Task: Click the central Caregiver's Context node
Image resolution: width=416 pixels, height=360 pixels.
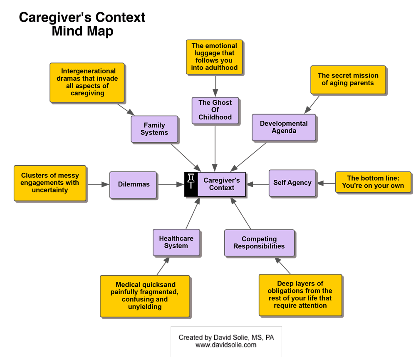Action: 221,184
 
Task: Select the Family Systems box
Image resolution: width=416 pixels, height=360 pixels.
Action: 154,129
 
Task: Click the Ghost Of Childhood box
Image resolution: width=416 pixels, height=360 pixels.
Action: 215,110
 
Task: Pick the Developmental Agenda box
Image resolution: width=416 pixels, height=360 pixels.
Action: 284,127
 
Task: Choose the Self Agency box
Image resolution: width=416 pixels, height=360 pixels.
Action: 292,183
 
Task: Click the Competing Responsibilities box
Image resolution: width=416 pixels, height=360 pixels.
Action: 259,242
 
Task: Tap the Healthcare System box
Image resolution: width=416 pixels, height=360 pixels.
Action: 176,242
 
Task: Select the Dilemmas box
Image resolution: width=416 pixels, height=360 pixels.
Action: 133,184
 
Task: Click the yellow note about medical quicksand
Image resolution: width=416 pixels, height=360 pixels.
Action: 144,295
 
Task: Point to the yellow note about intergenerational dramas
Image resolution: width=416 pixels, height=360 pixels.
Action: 87,82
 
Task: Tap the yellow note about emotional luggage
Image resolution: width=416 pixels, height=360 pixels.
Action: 214,57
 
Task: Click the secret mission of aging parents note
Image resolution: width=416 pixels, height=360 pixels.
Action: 348,79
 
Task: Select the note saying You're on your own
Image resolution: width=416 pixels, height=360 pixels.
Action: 373,182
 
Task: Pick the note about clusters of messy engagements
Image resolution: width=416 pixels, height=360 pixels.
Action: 50,183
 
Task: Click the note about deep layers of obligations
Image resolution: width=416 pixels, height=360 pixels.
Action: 300,295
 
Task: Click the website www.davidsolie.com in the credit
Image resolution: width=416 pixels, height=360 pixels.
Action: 226,345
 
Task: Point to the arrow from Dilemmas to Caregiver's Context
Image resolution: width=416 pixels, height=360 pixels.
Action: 171,184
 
